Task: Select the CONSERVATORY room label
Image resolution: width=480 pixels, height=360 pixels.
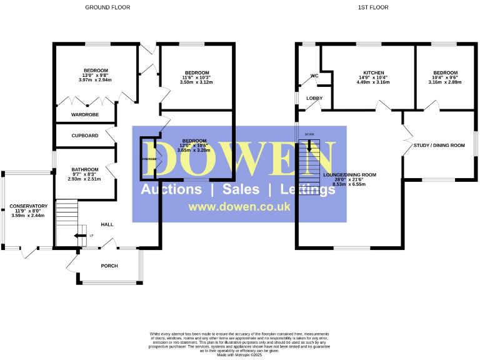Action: coord(28,206)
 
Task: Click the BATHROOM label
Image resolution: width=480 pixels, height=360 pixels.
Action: coord(84,169)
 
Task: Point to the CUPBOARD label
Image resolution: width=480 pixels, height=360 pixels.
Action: coord(84,136)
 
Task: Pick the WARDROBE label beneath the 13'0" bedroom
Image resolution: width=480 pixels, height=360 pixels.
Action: coord(84,115)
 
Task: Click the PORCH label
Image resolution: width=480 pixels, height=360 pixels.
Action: coord(109,265)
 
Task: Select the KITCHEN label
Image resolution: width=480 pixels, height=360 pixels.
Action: coord(374,72)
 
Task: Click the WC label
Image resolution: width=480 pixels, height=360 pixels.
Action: coord(314,77)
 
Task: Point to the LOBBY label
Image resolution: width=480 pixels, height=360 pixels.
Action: coord(314,99)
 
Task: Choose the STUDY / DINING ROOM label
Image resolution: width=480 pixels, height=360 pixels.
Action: coord(439,146)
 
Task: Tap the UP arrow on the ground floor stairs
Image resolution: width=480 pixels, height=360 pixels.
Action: coord(79,236)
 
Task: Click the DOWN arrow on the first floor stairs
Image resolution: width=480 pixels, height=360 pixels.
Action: coord(309,146)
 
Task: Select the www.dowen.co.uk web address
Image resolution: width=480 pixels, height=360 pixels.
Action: coord(239,207)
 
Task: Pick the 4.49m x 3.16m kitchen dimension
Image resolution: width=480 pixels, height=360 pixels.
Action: coord(374,82)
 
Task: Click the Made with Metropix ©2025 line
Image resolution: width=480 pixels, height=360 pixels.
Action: coord(239,354)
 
